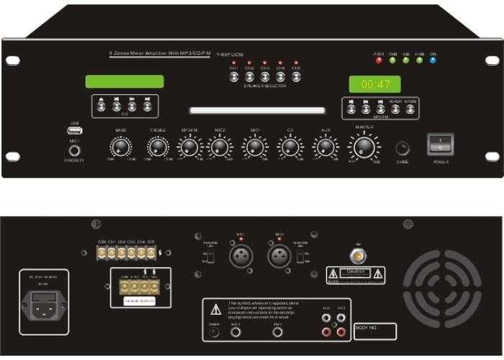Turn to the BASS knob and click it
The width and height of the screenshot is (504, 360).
click(x=120, y=147)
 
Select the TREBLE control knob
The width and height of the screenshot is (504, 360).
click(x=158, y=147)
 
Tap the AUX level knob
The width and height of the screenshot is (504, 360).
click(x=326, y=147)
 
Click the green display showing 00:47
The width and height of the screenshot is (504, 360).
click(x=376, y=84)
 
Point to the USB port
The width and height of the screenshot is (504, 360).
click(x=75, y=131)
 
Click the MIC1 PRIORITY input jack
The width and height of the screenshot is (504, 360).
click(x=75, y=150)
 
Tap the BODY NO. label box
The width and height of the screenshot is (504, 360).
click(x=375, y=331)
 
